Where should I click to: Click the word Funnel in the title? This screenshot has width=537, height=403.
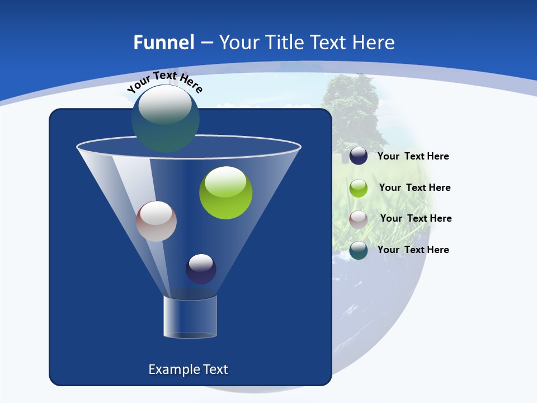click(164, 43)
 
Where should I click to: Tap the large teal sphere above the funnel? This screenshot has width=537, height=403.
click(165, 119)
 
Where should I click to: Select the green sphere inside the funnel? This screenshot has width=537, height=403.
click(225, 193)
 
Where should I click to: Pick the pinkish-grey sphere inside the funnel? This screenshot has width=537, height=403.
click(156, 221)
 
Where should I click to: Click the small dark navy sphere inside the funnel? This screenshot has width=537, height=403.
click(201, 269)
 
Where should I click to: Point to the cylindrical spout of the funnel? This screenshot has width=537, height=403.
click(190, 317)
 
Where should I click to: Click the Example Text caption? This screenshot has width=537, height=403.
click(188, 369)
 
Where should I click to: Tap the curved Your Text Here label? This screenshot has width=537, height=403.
click(164, 81)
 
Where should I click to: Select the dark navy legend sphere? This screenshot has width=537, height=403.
click(359, 156)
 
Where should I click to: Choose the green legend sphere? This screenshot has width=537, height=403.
click(359, 188)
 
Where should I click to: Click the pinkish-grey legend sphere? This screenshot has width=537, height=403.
click(359, 219)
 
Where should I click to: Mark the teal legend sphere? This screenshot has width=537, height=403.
click(359, 250)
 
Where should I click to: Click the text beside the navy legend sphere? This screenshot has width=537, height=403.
click(413, 157)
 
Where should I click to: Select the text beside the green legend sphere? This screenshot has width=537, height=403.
click(414, 188)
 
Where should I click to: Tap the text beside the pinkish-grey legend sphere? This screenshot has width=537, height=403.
click(416, 219)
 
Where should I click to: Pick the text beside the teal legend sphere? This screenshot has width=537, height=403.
click(413, 250)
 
